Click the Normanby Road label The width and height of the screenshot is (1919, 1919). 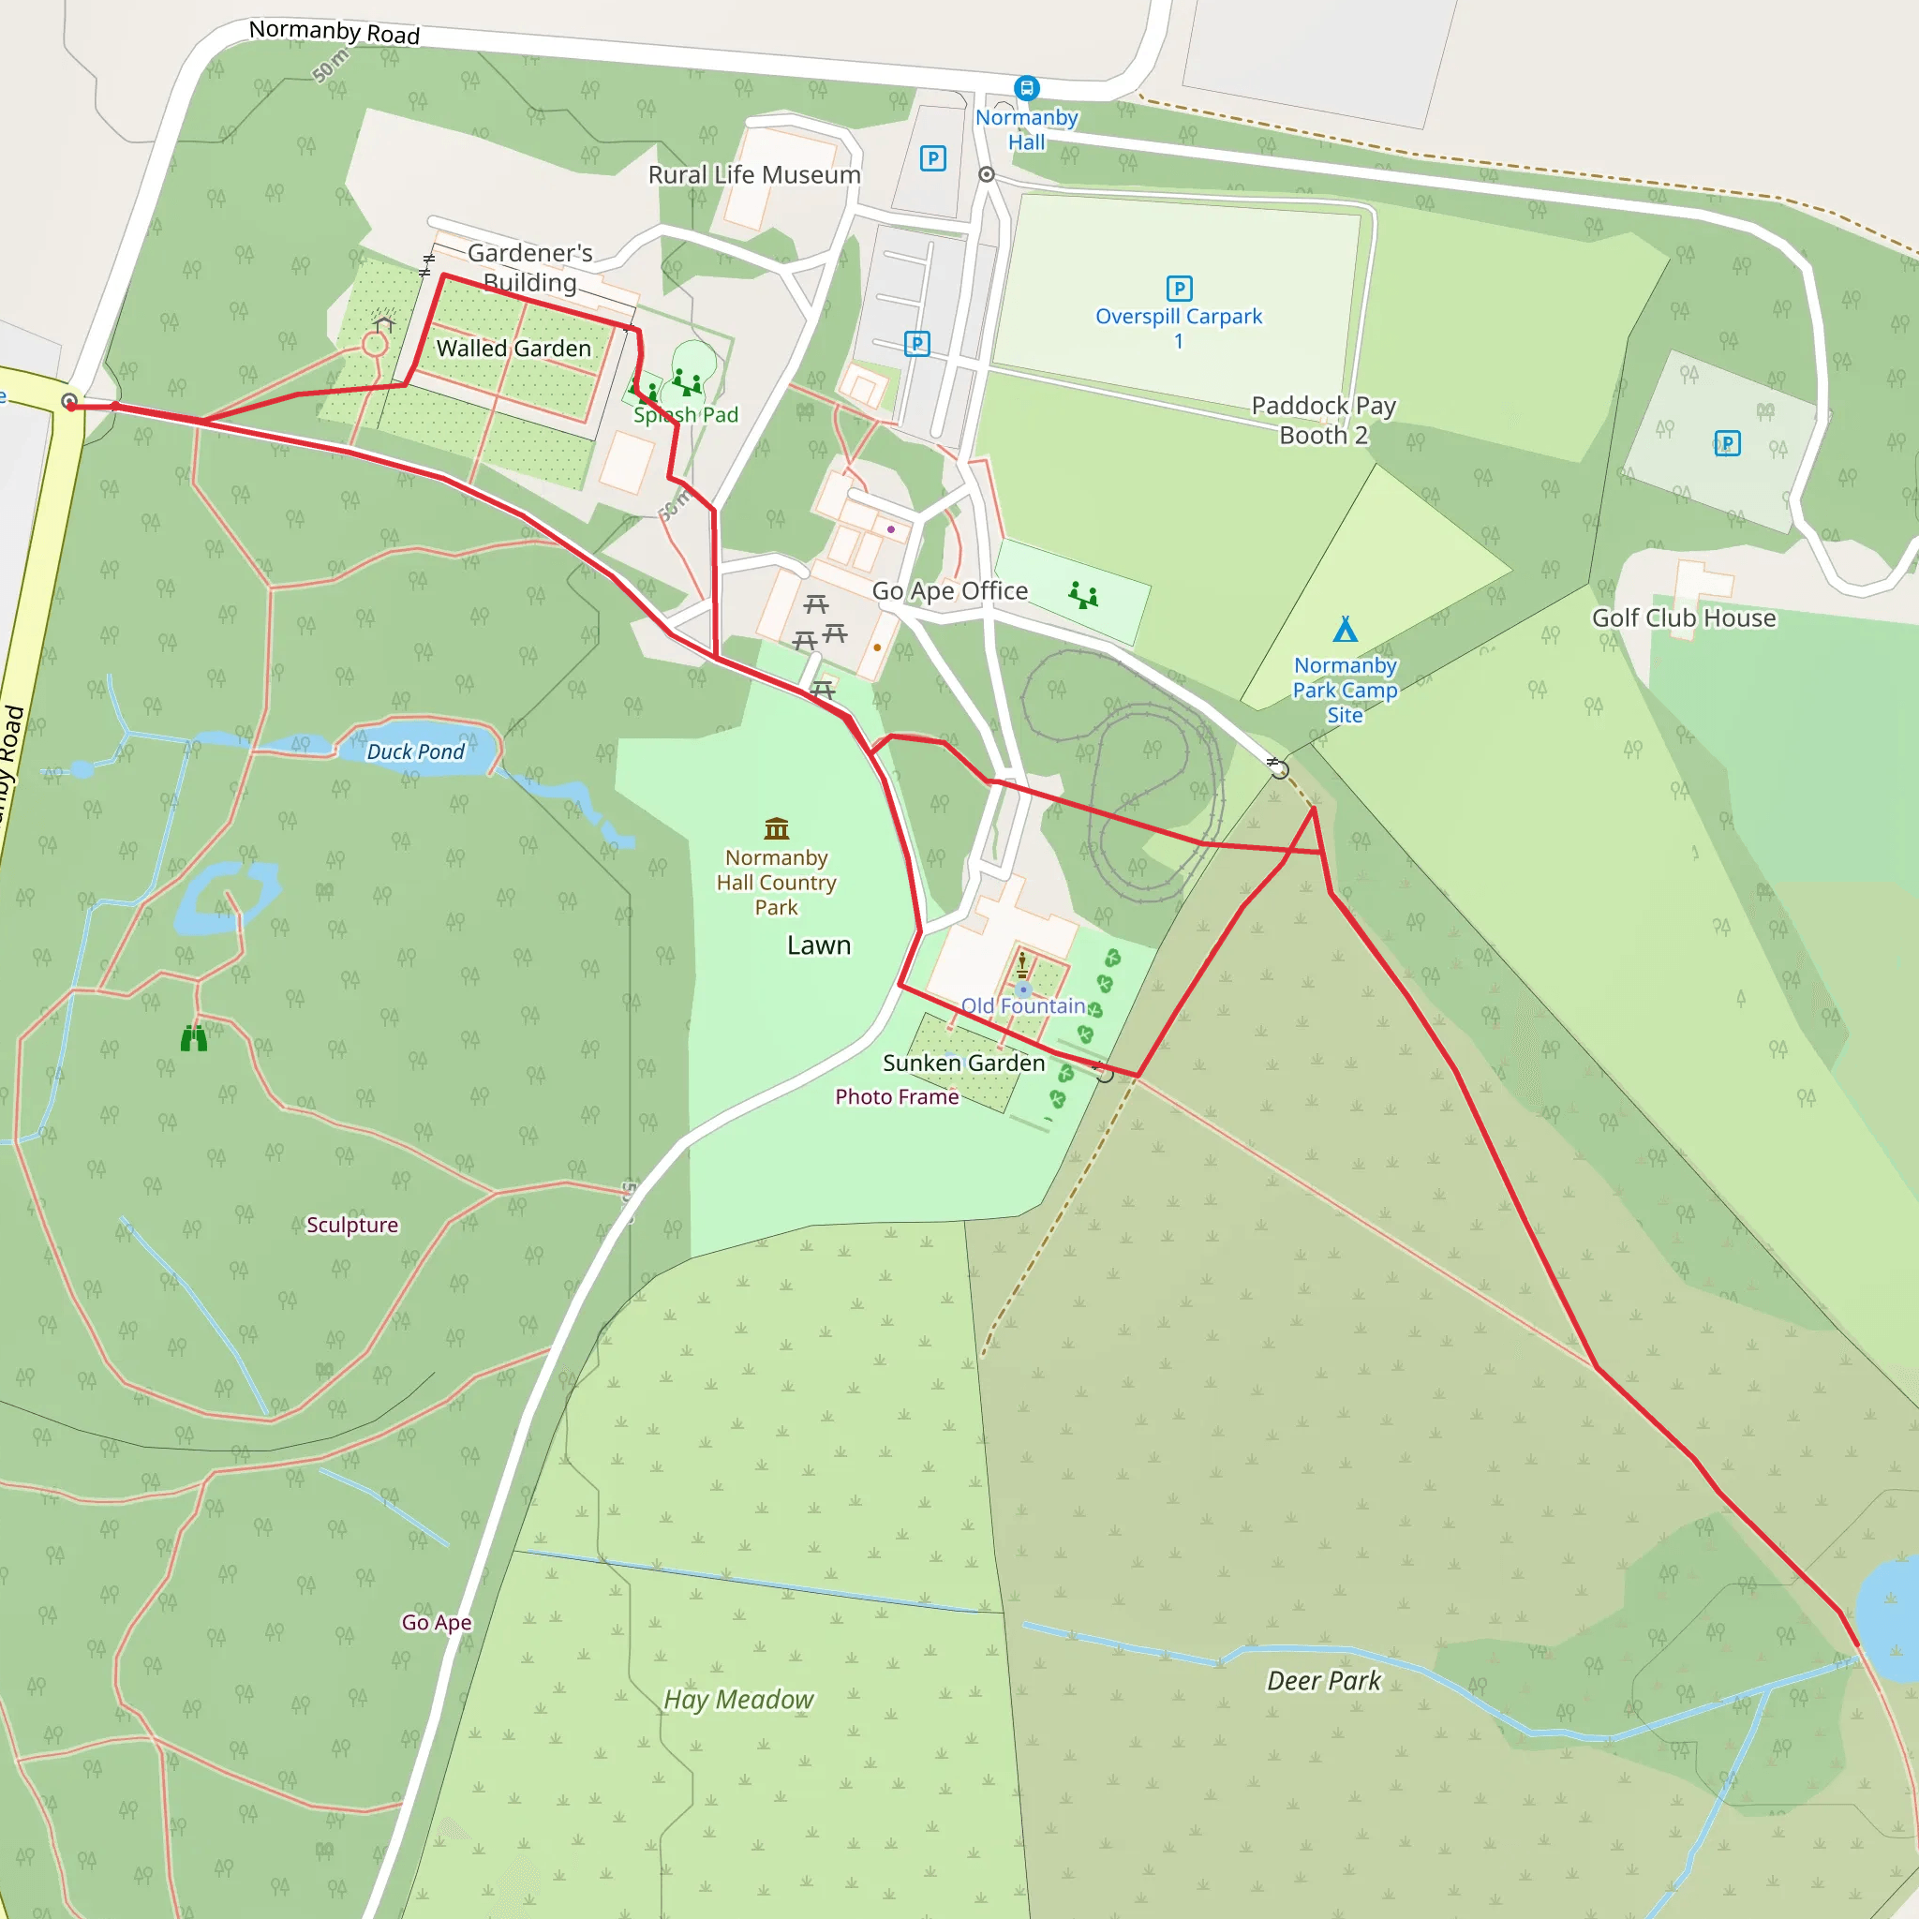[x=334, y=32]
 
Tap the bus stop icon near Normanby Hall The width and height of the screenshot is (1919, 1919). [x=1026, y=88]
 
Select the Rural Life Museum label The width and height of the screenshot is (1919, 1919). [x=754, y=175]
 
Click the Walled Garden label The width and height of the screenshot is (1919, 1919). [x=513, y=349]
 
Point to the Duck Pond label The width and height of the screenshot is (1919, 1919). [x=415, y=751]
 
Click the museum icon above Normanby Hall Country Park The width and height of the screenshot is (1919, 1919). [x=777, y=827]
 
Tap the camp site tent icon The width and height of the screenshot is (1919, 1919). [x=1345, y=630]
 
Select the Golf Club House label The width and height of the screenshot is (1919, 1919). [x=1684, y=617]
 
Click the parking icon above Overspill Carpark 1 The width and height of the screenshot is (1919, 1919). [x=1179, y=289]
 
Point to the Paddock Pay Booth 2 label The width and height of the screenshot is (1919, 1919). [x=1323, y=420]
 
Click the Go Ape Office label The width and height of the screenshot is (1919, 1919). [x=949, y=591]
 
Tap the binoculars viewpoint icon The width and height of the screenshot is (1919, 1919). [x=194, y=1039]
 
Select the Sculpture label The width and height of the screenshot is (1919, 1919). [x=351, y=1225]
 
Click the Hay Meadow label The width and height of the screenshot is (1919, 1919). [x=739, y=1700]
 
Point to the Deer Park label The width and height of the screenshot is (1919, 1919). [x=1323, y=1681]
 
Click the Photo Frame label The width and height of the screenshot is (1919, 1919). [x=897, y=1096]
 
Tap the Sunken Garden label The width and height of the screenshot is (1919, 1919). [x=963, y=1063]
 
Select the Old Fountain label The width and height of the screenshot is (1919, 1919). [x=1023, y=1005]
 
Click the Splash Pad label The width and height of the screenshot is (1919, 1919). [x=685, y=415]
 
